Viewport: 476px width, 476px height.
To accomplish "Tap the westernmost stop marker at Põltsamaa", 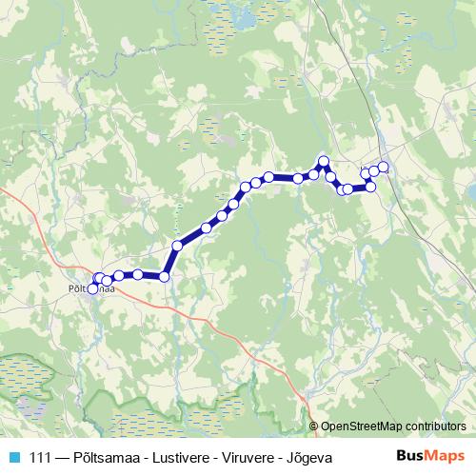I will coord(92,288).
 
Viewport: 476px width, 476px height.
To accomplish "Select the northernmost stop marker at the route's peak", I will coord(324,161).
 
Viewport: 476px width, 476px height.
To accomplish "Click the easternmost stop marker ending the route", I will coord(384,167).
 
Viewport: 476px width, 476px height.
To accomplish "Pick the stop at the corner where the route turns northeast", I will coord(164,276).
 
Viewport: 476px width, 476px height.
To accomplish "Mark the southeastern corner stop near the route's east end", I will coord(370,187).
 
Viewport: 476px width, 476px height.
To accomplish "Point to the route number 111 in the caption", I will coord(41,458).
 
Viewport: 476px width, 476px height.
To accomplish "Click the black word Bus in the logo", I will coord(407,457).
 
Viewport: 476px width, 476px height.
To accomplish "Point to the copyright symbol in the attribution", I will coord(315,426).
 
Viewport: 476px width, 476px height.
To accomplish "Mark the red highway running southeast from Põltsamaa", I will coord(228,335).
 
